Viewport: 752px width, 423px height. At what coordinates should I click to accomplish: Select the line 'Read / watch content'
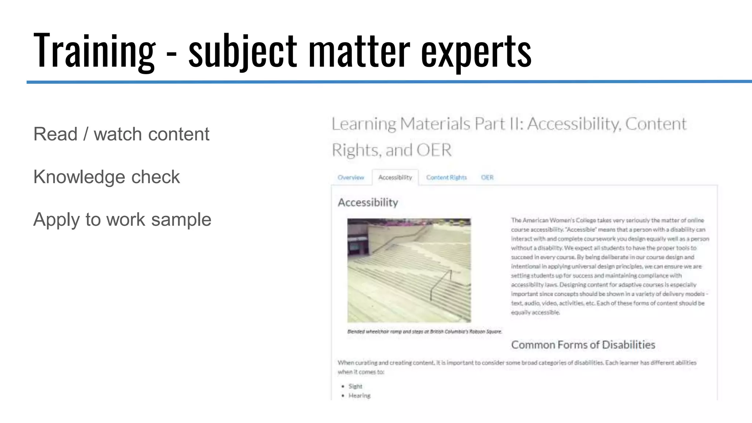(121, 134)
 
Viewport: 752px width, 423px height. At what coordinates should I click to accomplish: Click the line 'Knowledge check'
(106, 177)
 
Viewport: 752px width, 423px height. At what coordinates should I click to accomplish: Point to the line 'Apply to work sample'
(122, 220)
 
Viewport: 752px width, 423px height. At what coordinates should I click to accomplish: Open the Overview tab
(351, 178)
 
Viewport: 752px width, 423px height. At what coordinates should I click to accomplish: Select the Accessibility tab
(395, 178)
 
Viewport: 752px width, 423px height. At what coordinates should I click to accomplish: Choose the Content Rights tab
(446, 178)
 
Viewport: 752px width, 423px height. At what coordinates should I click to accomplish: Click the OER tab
(487, 178)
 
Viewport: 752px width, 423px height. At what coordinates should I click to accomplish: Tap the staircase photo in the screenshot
(409, 271)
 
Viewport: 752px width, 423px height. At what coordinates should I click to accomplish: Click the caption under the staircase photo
(424, 332)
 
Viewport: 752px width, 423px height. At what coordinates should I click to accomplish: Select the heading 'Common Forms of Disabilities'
(583, 345)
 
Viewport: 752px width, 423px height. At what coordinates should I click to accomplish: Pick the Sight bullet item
(355, 386)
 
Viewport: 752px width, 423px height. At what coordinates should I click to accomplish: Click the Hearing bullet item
(359, 395)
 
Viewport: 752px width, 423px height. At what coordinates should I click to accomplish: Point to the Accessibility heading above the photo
(368, 202)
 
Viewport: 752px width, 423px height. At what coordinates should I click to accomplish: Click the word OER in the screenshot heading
(434, 150)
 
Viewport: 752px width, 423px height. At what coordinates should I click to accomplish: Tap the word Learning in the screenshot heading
(364, 124)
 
